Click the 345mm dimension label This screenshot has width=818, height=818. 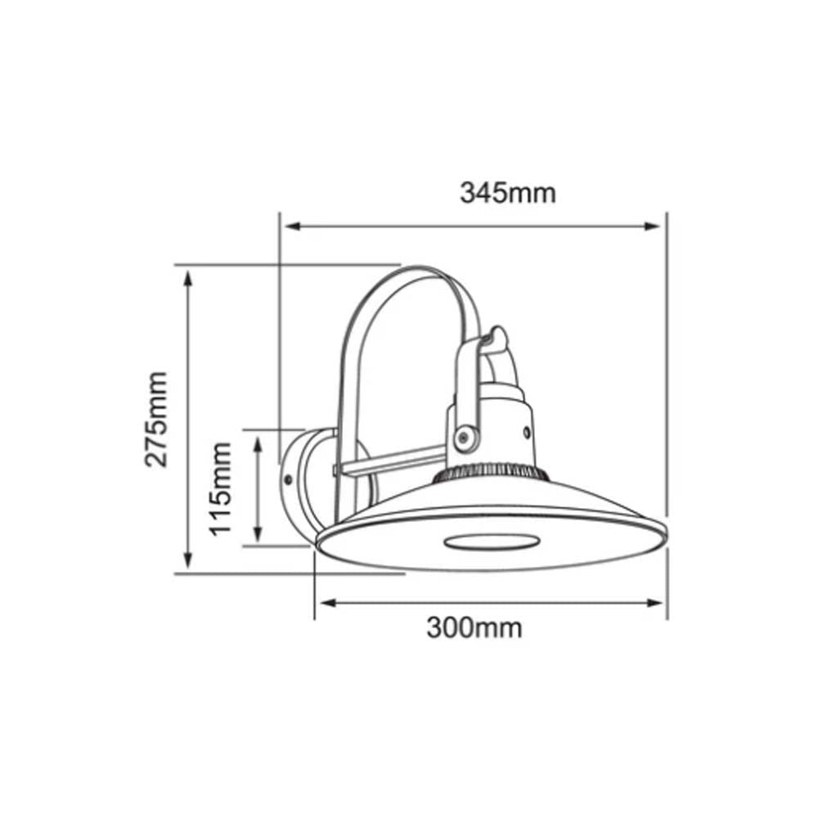click(507, 193)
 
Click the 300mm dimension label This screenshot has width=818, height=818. click(474, 627)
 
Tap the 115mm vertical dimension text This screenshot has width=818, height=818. click(221, 488)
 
